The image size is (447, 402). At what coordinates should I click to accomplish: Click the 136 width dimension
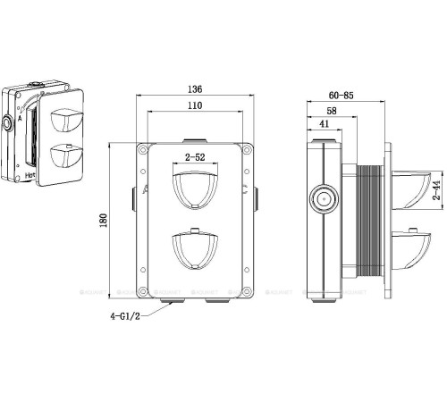[x=194, y=88]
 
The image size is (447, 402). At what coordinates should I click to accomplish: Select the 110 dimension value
[x=194, y=106]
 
